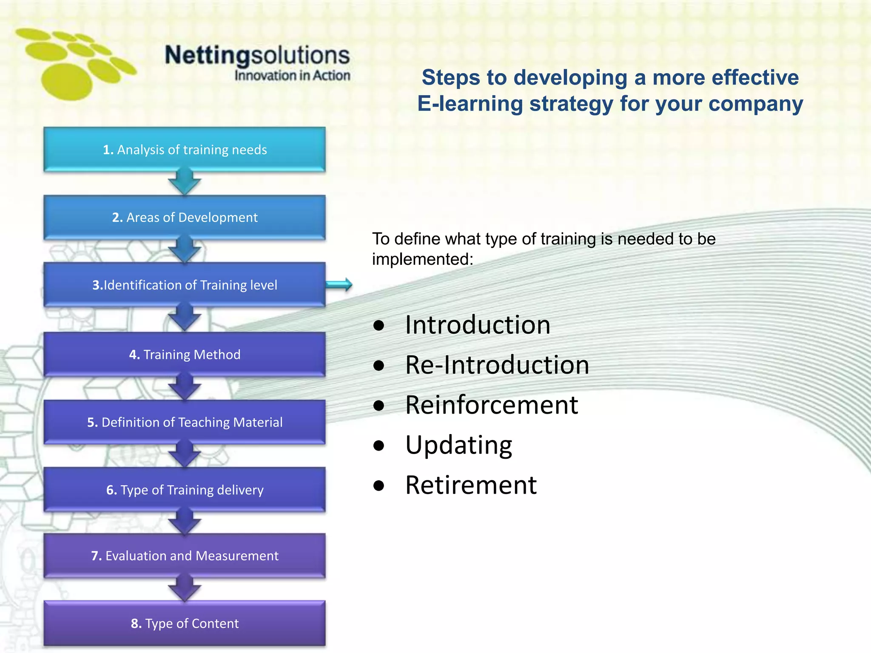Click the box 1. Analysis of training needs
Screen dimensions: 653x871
point(185,150)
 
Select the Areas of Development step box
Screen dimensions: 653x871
point(185,217)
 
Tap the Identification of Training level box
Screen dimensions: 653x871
point(185,285)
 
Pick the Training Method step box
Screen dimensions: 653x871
point(185,354)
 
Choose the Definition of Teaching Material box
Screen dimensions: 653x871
point(185,422)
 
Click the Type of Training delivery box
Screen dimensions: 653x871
point(185,490)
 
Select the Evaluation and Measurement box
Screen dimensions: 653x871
point(185,556)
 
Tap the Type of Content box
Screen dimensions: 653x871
point(185,623)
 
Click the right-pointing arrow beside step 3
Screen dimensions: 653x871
point(339,285)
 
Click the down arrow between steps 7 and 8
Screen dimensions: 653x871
point(185,589)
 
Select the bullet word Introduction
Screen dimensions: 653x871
point(478,325)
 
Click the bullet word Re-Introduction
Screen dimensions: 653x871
point(497,365)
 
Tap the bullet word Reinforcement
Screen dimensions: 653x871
point(491,405)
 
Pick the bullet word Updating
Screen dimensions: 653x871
point(458,445)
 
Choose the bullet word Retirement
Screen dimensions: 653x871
point(471,485)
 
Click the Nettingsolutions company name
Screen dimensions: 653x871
point(257,55)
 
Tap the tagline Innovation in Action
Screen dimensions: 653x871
point(292,76)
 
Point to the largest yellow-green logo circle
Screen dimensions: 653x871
point(67,82)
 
